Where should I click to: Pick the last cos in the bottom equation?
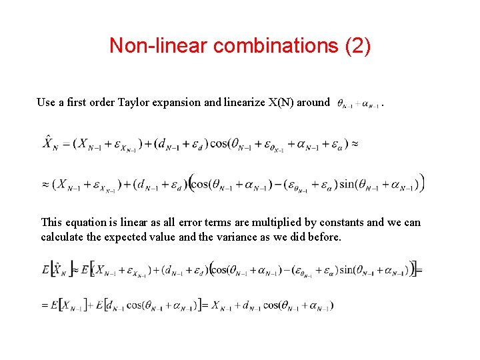pos(272,305)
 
